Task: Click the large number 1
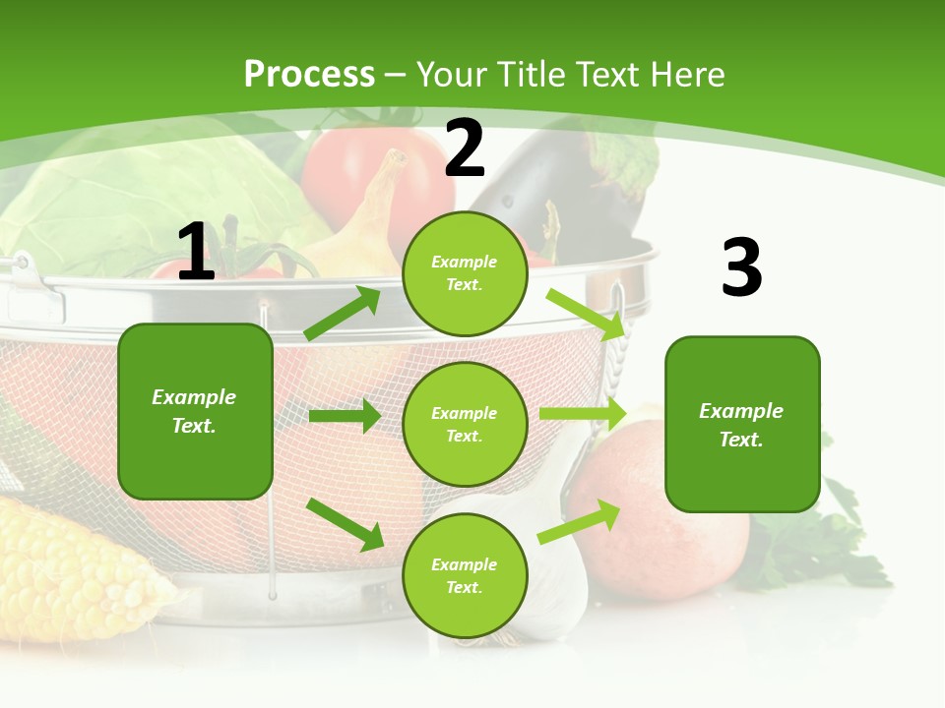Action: pos(196,252)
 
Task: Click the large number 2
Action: pos(465,147)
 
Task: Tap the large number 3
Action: pos(741,267)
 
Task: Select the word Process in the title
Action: pos(309,74)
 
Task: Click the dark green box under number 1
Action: pos(195,411)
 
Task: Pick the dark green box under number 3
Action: pos(742,424)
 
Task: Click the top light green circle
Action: pos(465,273)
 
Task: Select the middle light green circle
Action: pos(465,424)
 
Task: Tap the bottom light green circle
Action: pos(465,575)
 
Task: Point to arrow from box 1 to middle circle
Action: pos(345,416)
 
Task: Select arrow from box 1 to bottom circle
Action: pos(346,523)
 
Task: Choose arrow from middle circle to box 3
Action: pos(583,414)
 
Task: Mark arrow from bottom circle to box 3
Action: pos(579,522)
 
